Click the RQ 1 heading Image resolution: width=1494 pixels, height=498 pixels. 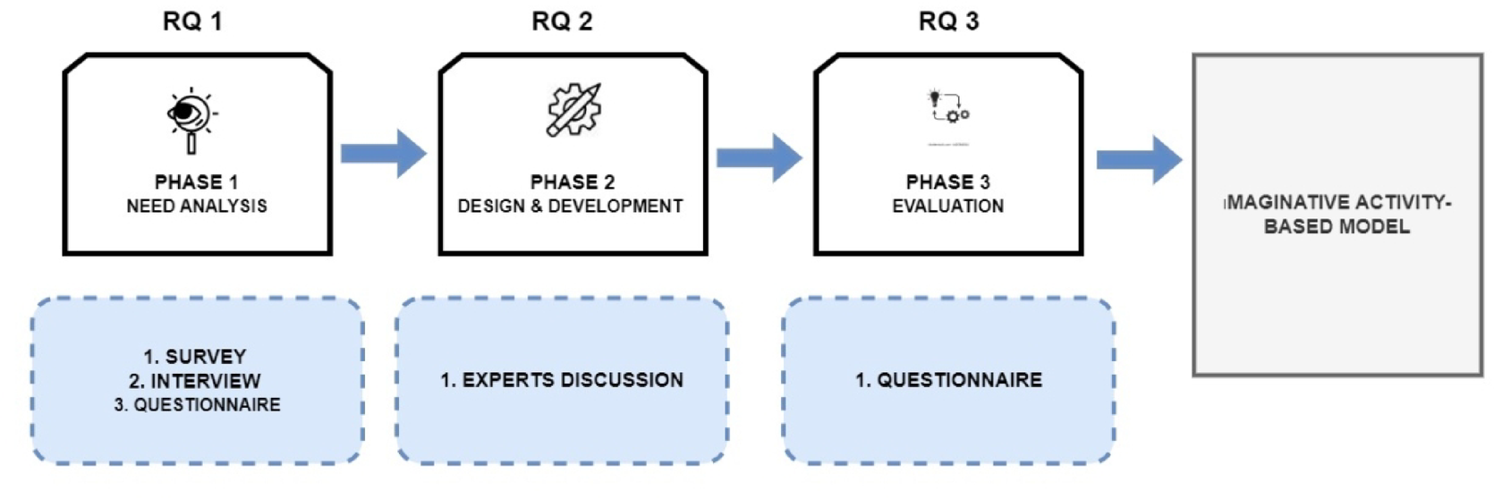[x=192, y=21]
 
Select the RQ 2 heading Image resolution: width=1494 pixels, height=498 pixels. [x=562, y=21]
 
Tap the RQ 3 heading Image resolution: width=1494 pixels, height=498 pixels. [x=948, y=21]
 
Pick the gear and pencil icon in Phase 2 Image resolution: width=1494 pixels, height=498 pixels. [x=573, y=110]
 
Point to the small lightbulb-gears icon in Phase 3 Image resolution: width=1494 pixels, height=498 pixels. [x=948, y=106]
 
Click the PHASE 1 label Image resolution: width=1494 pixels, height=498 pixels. [x=196, y=182]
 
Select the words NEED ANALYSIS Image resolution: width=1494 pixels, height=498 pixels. [x=196, y=207]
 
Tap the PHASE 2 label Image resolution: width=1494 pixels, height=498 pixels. [x=573, y=182]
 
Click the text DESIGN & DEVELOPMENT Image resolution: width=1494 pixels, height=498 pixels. [x=570, y=207]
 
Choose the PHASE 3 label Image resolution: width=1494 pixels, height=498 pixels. [x=947, y=182]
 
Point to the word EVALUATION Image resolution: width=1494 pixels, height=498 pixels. [x=947, y=207]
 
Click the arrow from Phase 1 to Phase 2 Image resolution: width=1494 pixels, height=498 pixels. [x=383, y=154]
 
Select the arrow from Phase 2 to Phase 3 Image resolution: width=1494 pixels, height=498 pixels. [x=759, y=158]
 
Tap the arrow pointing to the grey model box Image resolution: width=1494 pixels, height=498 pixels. [x=1139, y=160]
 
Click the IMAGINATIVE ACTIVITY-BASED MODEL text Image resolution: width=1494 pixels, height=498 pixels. [x=1337, y=215]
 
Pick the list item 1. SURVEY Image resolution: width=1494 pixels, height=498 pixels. [x=195, y=356]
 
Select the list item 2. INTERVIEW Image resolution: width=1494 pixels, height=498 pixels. [x=195, y=381]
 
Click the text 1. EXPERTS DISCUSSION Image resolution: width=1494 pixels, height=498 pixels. [x=562, y=380]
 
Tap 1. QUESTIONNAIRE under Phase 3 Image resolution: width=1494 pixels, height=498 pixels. [x=948, y=380]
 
